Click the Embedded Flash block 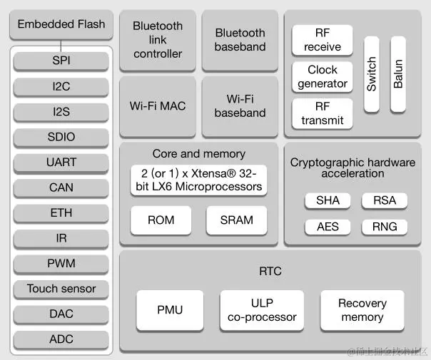[x=61, y=24]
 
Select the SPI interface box [x=61, y=61]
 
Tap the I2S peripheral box [x=61, y=111]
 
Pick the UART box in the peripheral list [x=61, y=162]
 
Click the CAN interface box [x=61, y=187]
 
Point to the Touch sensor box [x=61, y=289]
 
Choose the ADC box [x=61, y=339]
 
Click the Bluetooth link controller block [x=158, y=40]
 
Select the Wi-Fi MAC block [x=158, y=106]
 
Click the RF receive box [x=323, y=40]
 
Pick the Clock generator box [x=323, y=77]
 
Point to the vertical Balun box [x=398, y=74]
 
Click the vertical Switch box [x=372, y=74]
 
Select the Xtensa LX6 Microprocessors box [x=199, y=180]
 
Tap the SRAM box [x=236, y=220]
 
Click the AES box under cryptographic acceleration [x=328, y=227]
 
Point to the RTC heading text [x=270, y=272]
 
